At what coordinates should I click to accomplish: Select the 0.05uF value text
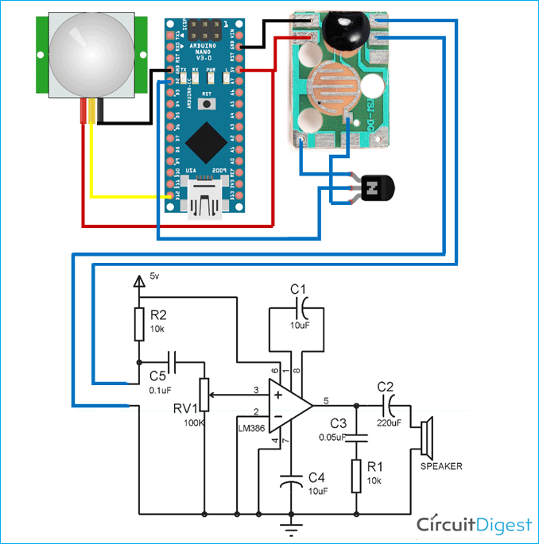(333, 438)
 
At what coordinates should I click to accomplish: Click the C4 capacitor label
(316, 476)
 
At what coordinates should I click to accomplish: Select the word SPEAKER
(441, 466)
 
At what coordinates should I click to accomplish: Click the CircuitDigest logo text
(475, 524)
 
